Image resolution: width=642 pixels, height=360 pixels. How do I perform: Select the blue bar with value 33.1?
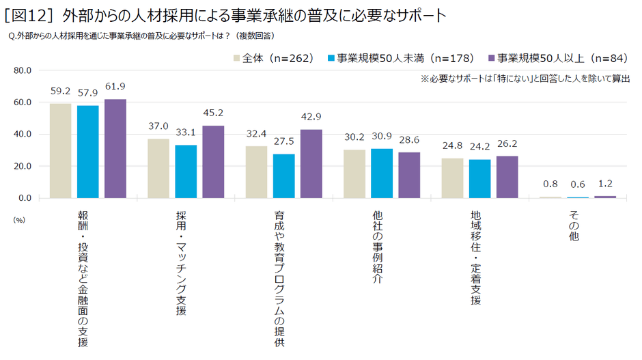click(x=186, y=171)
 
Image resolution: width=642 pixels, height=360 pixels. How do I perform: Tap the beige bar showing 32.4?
click(x=256, y=172)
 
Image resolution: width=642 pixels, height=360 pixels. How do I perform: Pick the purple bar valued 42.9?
click(x=311, y=164)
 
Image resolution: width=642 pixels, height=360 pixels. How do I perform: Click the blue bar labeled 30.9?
click(x=382, y=174)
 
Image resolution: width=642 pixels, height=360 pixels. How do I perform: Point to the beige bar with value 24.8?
click(x=452, y=178)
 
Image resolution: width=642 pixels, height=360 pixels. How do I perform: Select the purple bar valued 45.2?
click(x=213, y=162)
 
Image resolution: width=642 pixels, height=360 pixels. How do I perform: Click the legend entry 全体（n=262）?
click(x=273, y=58)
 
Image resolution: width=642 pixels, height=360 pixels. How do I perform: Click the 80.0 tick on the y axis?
click(x=22, y=70)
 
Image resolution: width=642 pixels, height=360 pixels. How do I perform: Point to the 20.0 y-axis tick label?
click(x=22, y=166)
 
